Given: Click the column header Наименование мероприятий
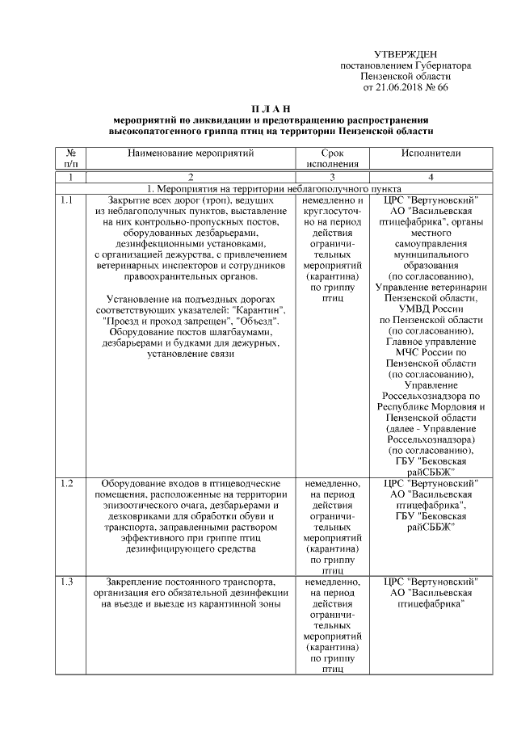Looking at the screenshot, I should (x=191, y=152).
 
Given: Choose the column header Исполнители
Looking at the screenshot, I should (x=431, y=152).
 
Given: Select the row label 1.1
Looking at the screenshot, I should (x=67, y=200).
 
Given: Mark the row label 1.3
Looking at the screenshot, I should (x=67, y=582).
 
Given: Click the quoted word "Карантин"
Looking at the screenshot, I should (x=262, y=309).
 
